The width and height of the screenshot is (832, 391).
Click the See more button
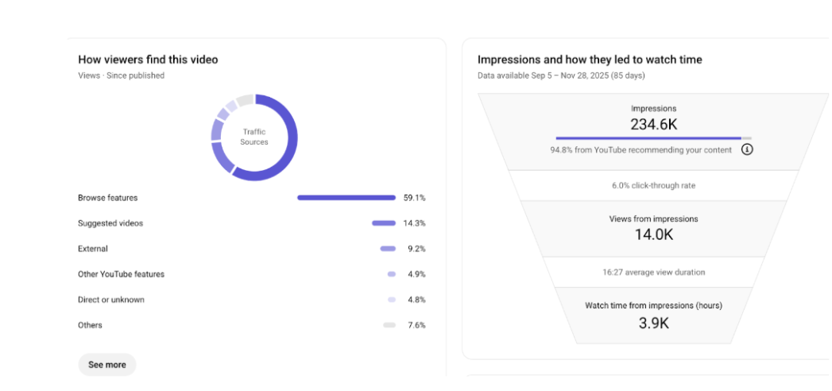coord(107,365)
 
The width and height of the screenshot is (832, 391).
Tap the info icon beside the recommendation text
coord(747,149)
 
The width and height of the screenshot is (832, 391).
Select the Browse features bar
coord(346,198)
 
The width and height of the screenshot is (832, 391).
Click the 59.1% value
coord(414,198)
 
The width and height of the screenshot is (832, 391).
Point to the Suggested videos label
coord(110,223)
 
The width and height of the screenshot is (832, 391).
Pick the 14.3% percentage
coord(414,223)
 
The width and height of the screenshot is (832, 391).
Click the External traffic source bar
coord(388,249)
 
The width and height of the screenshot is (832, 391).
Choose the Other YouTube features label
coord(121,274)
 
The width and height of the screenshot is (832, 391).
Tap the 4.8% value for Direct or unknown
coord(416,300)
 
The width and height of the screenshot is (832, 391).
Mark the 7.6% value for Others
coord(416,325)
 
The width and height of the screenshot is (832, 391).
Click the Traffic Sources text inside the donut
coord(254,137)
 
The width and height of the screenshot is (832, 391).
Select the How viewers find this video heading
coord(148,60)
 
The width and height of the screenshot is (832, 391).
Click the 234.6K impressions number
coord(653,124)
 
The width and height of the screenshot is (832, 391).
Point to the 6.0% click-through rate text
coord(653,185)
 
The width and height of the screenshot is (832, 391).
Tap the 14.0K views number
coord(653,234)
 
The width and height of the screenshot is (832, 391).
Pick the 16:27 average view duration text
coord(653,272)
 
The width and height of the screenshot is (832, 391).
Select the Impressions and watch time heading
coord(590,60)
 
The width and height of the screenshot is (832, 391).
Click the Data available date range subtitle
coord(561,75)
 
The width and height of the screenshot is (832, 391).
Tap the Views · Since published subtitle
coord(121,75)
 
